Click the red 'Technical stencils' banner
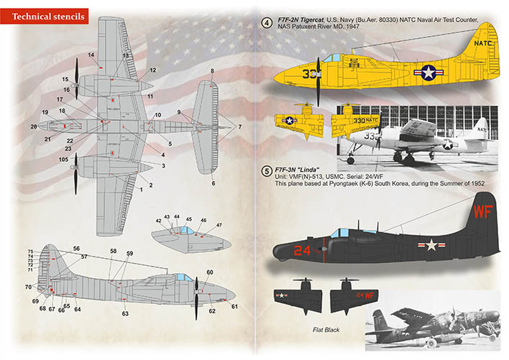(x=44, y=17)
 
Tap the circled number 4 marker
(x=267, y=23)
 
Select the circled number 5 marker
(x=267, y=171)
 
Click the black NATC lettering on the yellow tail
(x=482, y=43)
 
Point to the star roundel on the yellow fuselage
(x=428, y=73)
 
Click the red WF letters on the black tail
(x=483, y=211)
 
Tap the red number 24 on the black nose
(x=302, y=250)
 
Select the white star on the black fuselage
(x=431, y=245)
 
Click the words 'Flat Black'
(x=326, y=330)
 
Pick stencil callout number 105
(x=63, y=160)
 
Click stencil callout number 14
(x=91, y=55)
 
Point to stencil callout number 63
(x=125, y=313)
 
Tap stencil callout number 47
(x=219, y=225)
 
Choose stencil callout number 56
(x=76, y=249)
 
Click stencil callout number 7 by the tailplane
(x=240, y=126)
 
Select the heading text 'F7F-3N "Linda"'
(x=297, y=170)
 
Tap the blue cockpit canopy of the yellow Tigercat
(x=331, y=58)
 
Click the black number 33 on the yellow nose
(x=308, y=74)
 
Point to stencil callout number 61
(x=234, y=307)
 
